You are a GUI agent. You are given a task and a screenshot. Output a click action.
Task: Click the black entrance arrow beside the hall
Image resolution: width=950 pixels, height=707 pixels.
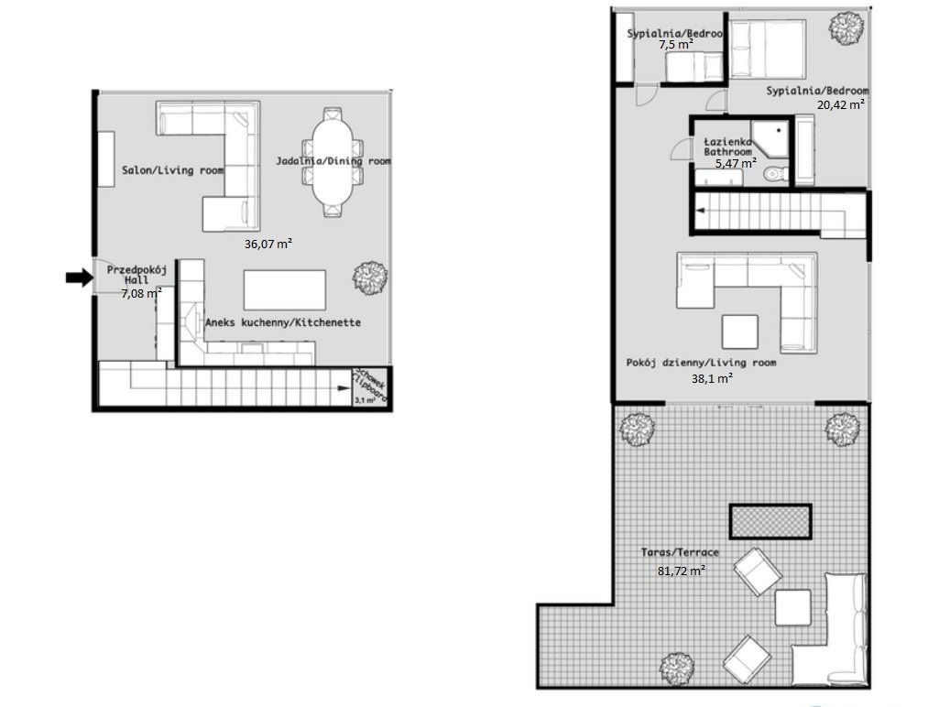[x=80, y=278]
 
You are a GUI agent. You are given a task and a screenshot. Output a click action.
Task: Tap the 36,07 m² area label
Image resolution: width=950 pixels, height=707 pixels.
[x=268, y=245]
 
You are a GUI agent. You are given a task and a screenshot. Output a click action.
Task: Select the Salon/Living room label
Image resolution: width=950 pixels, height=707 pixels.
[x=172, y=169]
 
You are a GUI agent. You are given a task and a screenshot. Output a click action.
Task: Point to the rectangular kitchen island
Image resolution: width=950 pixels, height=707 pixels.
[x=285, y=289]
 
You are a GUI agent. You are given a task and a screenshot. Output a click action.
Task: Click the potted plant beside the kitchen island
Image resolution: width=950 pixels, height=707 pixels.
[x=371, y=277]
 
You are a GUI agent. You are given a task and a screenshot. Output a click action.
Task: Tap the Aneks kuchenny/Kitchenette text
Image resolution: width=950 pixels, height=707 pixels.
[x=282, y=323]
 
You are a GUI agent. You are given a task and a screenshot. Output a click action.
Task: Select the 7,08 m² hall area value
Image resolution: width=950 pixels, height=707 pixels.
[x=141, y=294]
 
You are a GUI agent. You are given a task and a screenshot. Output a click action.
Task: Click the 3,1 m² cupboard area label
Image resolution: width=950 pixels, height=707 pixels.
[x=365, y=398]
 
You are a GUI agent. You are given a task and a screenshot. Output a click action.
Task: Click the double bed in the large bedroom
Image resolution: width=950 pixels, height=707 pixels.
[x=768, y=53]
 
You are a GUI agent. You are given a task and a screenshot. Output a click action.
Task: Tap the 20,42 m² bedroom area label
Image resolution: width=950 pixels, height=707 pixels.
[x=841, y=104]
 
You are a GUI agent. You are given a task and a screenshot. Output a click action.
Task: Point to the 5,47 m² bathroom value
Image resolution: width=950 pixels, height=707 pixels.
[x=735, y=164]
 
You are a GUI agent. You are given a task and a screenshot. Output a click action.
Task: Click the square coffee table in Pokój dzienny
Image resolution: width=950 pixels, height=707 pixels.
[x=739, y=332]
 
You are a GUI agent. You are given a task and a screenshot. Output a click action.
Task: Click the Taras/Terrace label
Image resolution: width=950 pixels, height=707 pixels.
[x=681, y=554]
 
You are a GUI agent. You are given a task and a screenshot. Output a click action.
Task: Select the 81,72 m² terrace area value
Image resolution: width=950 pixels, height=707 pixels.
[x=681, y=571]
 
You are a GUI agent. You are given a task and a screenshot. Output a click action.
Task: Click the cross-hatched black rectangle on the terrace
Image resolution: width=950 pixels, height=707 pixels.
[x=770, y=521]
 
